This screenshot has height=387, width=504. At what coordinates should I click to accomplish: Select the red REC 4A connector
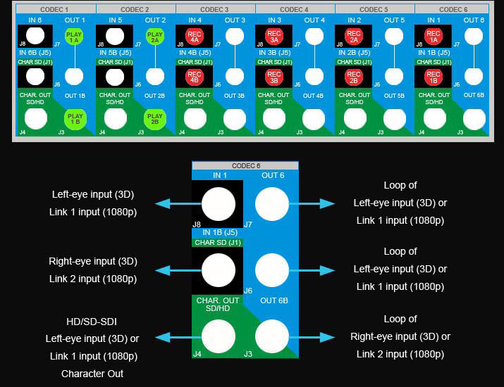[x=194, y=37]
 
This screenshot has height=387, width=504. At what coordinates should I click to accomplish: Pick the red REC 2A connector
[x=354, y=37]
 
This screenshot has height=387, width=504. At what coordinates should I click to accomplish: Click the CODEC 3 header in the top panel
[x=215, y=9]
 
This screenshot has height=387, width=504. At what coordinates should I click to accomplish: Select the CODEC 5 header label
[x=375, y=9]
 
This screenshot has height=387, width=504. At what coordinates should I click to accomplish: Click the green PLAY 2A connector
[x=154, y=37]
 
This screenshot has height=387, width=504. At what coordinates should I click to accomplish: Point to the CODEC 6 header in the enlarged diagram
[x=245, y=166]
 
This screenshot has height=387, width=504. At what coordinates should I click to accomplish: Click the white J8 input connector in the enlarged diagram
[x=219, y=204]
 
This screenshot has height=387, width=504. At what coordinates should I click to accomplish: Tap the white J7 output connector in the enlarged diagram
[x=272, y=204]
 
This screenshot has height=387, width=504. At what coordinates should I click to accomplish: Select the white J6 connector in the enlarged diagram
[x=272, y=269]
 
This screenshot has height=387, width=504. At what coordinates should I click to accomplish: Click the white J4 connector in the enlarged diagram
[x=219, y=336]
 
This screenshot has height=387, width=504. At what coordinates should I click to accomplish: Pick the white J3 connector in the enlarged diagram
[x=272, y=336]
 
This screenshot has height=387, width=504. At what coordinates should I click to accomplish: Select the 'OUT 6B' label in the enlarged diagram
[x=273, y=300]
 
